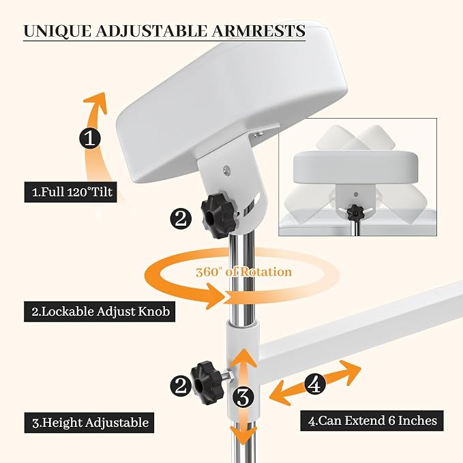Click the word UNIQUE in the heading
(x=57, y=31)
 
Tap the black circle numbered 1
(x=90, y=138)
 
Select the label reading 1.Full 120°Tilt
(x=70, y=192)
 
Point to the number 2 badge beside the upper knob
(x=181, y=219)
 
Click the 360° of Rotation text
(x=244, y=272)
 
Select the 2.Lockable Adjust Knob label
(x=100, y=312)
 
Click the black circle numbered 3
(x=243, y=398)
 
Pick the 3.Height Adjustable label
(x=89, y=423)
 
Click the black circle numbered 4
(x=315, y=385)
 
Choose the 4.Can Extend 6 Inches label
(x=372, y=421)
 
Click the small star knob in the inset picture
(x=355, y=211)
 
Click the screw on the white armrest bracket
(x=227, y=170)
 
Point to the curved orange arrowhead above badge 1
(x=97, y=102)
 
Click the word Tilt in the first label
(x=102, y=192)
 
